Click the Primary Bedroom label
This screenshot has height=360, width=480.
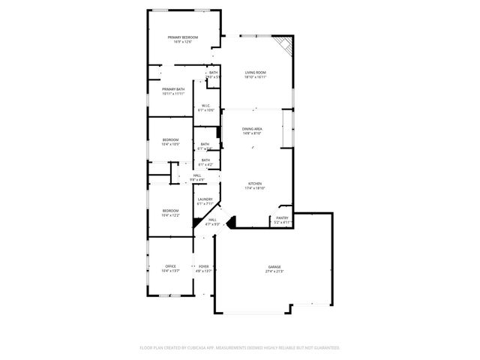(183, 37)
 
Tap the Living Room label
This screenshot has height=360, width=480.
(256, 73)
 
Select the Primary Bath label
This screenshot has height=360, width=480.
(173, 89)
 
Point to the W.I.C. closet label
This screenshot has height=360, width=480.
(205, 106)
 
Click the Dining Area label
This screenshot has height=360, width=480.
(252, 129)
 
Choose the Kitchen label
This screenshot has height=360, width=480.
(256, 184)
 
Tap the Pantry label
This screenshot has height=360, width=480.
(282, 217)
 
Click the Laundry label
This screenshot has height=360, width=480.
(205, 199)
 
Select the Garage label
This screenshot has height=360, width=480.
(275, 267)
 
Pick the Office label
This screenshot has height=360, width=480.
(171, 266)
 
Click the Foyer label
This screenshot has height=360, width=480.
(204, 266)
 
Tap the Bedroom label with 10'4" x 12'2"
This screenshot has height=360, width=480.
(171, 211)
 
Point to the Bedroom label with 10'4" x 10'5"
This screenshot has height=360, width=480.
(171, 140)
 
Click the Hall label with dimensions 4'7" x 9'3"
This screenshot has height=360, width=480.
(202, 220)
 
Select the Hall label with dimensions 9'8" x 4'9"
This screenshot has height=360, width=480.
(197, 175)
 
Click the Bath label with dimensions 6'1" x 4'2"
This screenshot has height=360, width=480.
(205, 160)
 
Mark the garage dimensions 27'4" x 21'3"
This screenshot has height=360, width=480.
(275, 271)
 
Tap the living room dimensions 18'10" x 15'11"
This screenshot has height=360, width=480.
(256, 77)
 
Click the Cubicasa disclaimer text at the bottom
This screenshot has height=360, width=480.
(240, 347)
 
